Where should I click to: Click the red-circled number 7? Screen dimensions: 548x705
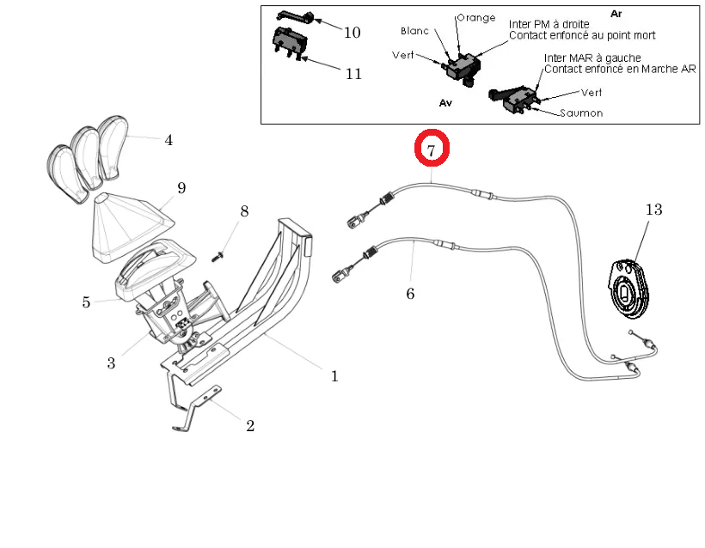pyautogui.click(x=432, y=149)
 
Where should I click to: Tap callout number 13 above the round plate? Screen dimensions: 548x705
pyautogui.click(x=655, y=209)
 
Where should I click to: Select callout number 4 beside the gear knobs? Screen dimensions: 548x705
pyautogui.click(x=169, y=140)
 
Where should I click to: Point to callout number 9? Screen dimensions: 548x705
pyautogui.click(x=181, y=188)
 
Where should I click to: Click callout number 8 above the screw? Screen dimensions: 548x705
pyautogui.click(x=244, y=211)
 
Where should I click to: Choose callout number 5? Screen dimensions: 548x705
pyautogui.click(x=86, y=301)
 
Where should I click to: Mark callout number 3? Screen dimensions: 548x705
pyautogui.click(x=111, y=362)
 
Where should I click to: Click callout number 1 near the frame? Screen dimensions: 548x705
pyautogui.click(x=334, y=375)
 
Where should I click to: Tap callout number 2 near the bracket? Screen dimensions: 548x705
pyautogui.click(x=250, y=425)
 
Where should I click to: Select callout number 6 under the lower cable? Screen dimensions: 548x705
pyautogui.click(x=410, y=294)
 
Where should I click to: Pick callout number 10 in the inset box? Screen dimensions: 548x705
pyautogui.click(x=352, y=33)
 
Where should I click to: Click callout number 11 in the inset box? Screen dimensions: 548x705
pyautogui.click(x=353, y=73)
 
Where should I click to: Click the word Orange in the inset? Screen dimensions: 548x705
pyautogui.click(x=475, y=17)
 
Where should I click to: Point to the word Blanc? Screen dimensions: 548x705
pyautogui.click(x=414, y=31)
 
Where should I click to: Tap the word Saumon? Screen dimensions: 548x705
pyautogui.click(x=581, y=113)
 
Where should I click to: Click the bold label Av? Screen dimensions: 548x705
pyautogui.click(x=445, y=101)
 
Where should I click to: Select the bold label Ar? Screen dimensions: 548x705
pyautogui.click(x=616, y=14)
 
